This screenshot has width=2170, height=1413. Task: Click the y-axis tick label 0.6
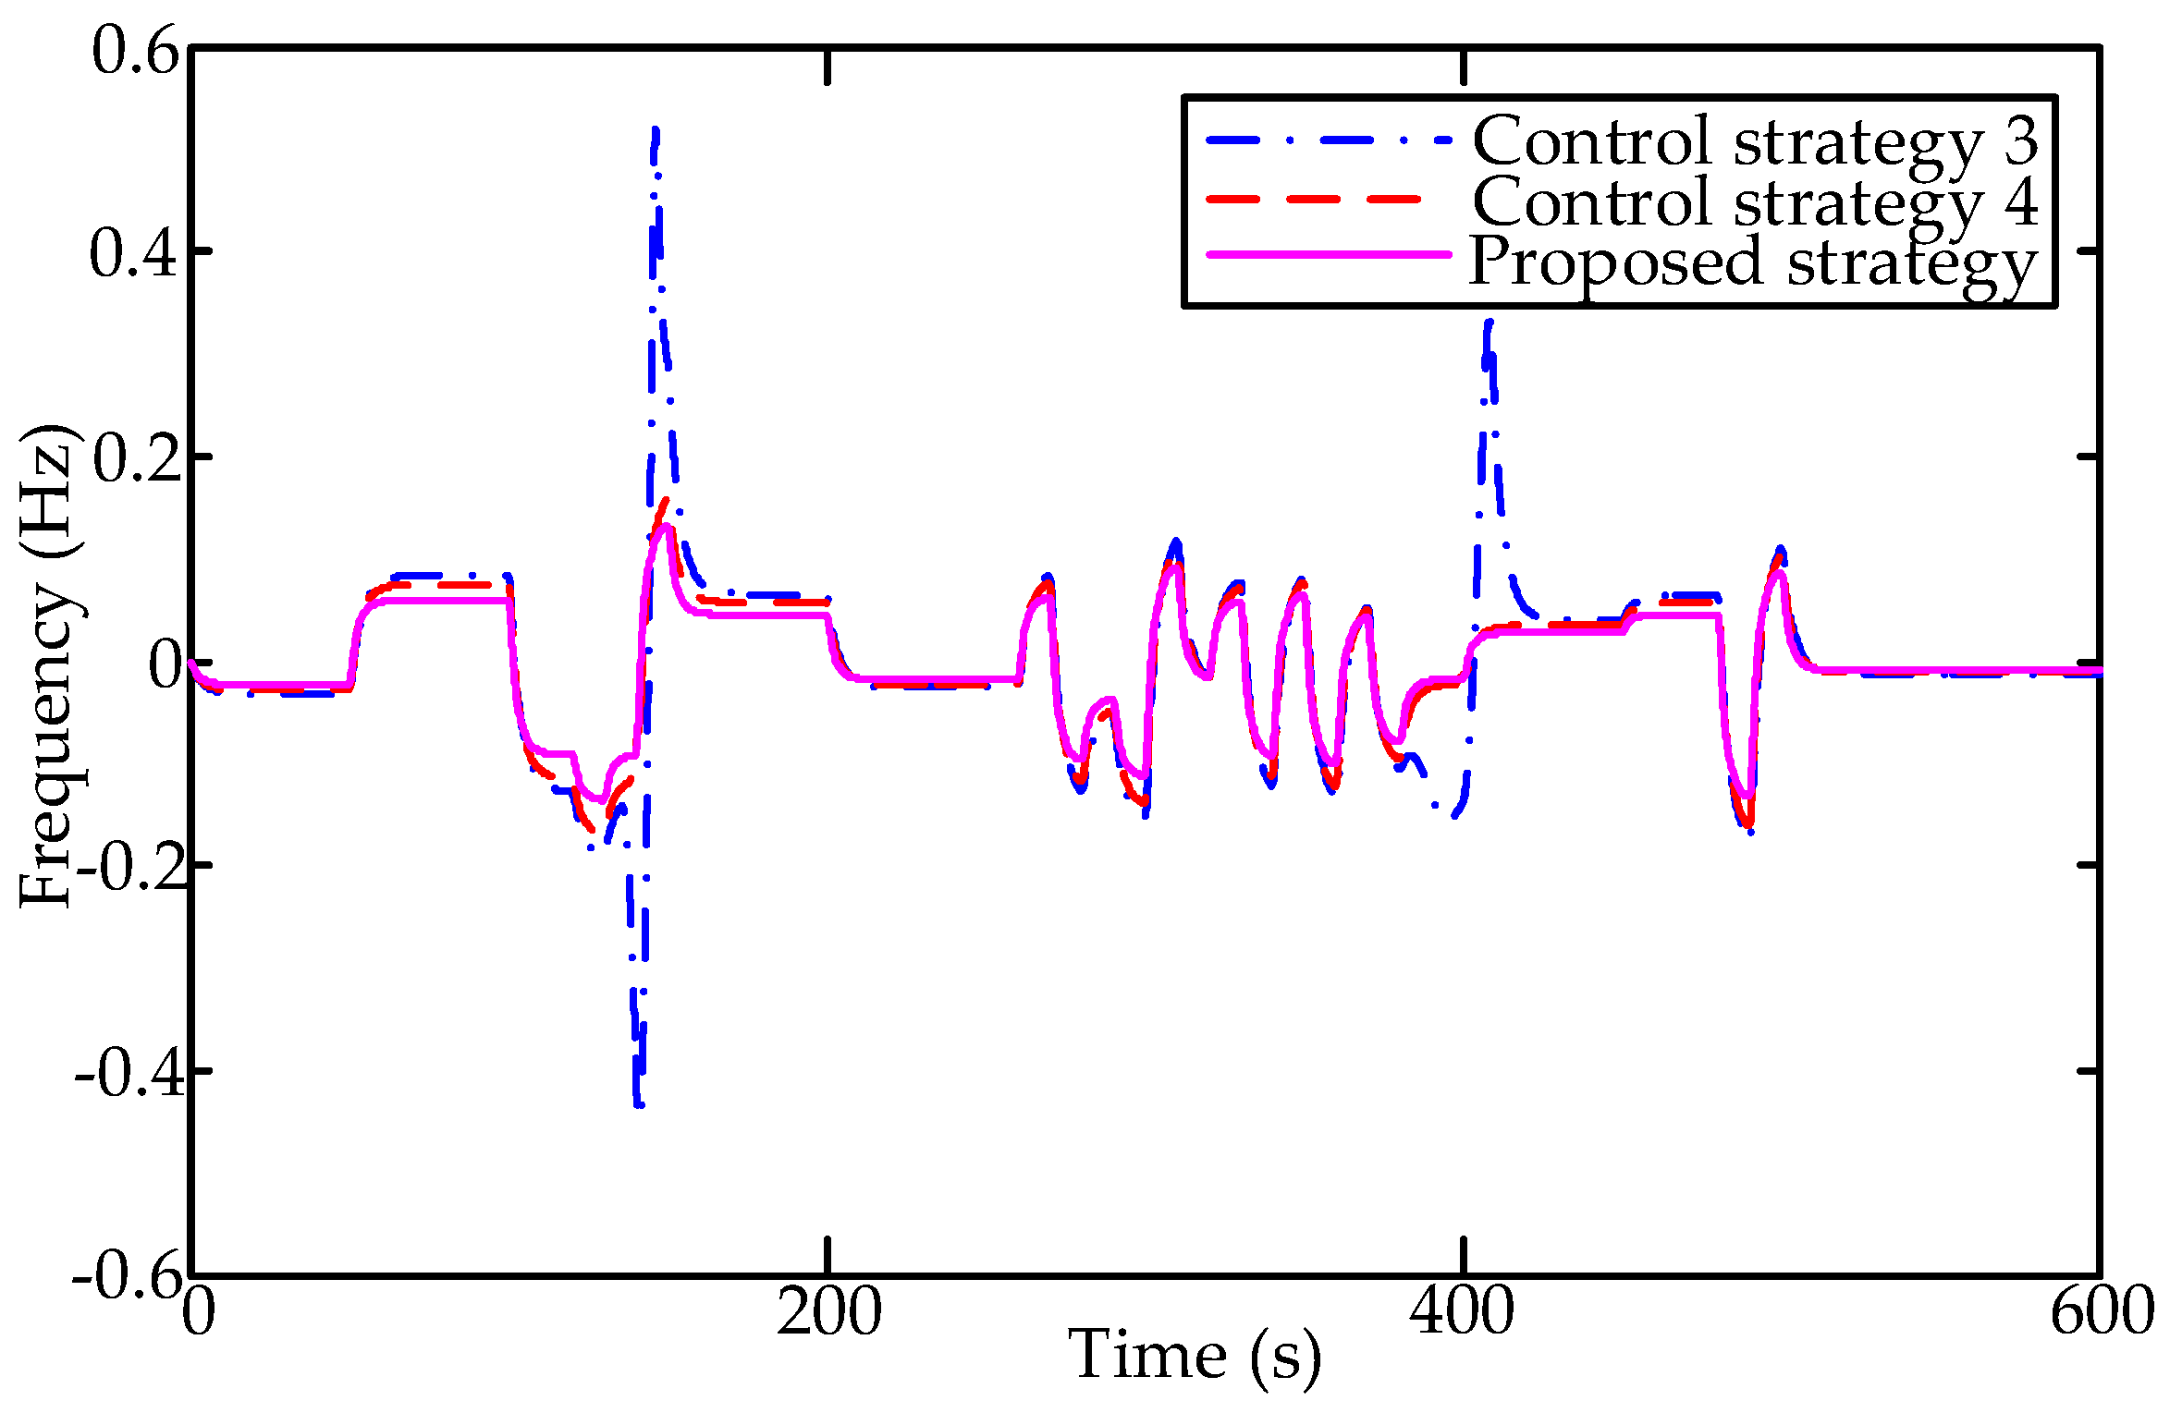click(135, 50)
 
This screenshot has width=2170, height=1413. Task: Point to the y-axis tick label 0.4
click(133, 254)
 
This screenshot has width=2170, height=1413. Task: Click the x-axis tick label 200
click(828, 1312)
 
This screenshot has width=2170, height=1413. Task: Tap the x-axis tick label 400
click(1462, 1312)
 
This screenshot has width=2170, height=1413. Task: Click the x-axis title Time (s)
click(1195, 1357)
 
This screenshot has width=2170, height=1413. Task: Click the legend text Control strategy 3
click(1755, 141)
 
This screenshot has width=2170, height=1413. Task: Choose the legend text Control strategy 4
click(1755, 201)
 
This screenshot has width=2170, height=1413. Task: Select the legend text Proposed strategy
click(1753, 262)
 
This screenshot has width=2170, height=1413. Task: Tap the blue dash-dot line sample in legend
click(1328, 140)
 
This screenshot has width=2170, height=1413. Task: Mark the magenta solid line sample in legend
click(1328, 254)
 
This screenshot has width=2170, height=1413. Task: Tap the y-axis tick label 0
click(166, 664)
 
